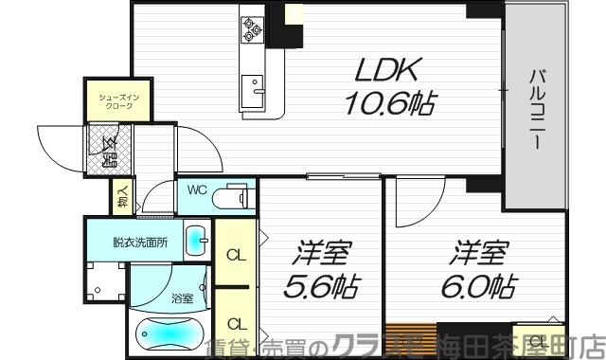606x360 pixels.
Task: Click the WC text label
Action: [196, 189]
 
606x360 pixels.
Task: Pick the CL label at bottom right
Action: [535, 341]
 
